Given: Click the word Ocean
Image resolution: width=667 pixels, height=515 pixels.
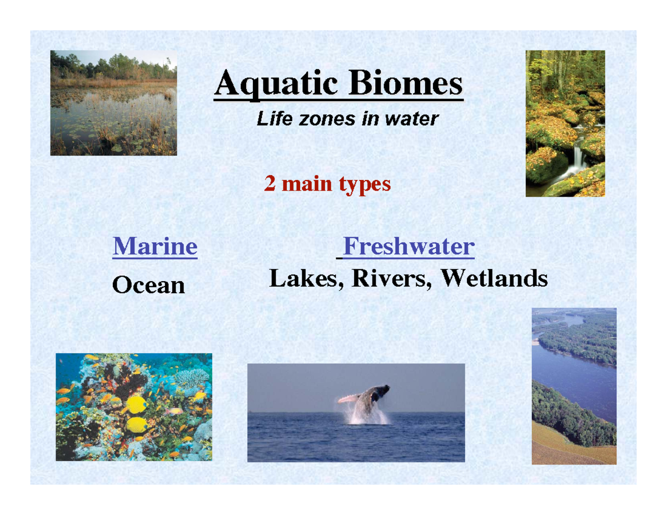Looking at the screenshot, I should coord(148,285).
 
